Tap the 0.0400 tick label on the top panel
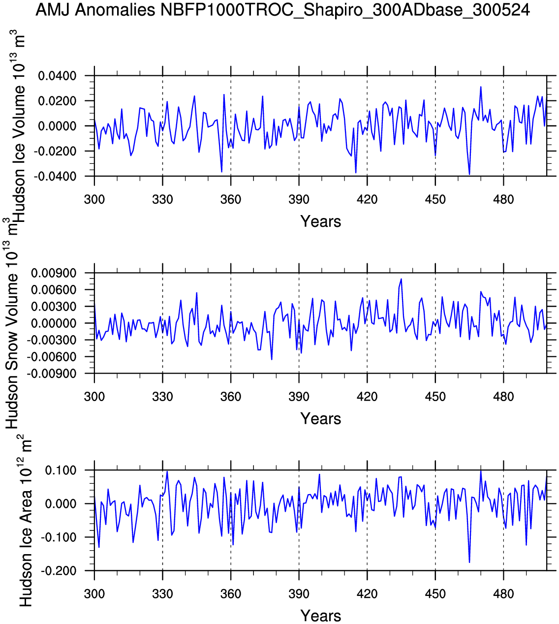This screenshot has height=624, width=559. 58,76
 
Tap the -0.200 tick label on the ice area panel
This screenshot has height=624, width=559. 58,571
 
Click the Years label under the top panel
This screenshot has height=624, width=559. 320,221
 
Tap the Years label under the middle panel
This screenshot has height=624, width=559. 320,419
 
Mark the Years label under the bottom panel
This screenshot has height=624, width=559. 320,616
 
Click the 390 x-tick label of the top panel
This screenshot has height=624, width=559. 299,200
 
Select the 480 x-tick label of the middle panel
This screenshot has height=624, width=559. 503,397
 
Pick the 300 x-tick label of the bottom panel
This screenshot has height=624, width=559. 94,594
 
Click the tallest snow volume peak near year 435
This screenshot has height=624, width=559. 401,279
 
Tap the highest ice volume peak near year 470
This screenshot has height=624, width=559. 481,87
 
